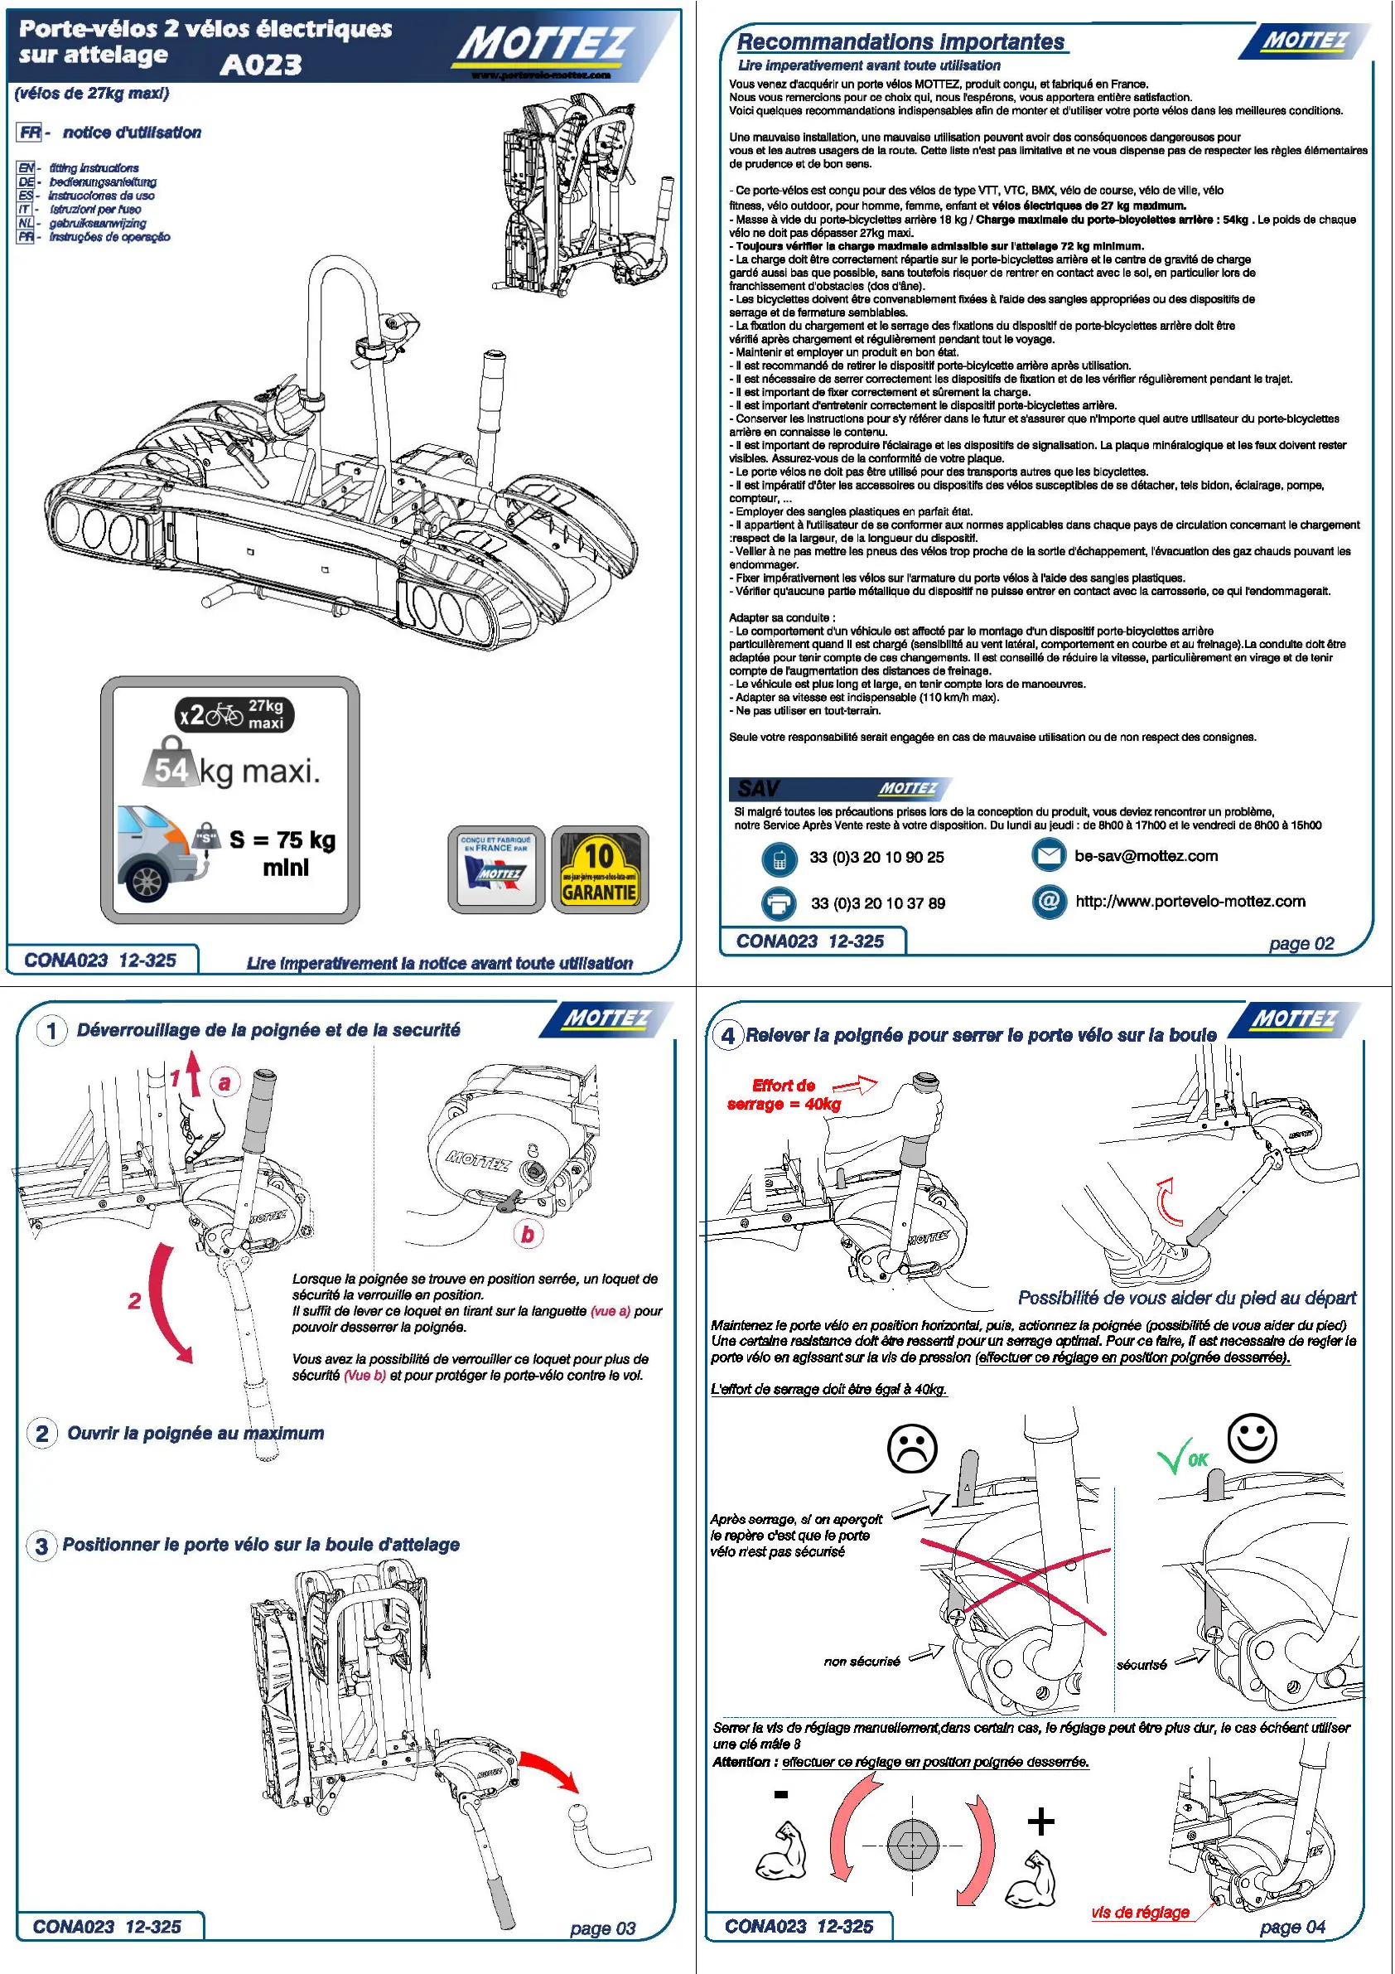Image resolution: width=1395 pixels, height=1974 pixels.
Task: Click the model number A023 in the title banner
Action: click(x=260, y=65)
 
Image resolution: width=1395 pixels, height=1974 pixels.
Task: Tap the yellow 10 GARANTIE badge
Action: click(x=599, y=870)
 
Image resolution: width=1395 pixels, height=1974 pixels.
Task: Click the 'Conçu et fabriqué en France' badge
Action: click(x=496, y=870)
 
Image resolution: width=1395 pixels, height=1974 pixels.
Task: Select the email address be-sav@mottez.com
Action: click(x=1146, y=855)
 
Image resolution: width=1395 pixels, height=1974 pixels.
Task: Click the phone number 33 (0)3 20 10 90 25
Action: click(x=876, y=857)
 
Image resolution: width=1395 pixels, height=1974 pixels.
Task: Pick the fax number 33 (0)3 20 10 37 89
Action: click(x=877, y=903)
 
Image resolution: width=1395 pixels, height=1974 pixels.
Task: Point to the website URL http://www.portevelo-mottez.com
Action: click(x=1190, y=901)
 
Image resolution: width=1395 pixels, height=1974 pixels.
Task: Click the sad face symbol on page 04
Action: click(x=911, y=1449)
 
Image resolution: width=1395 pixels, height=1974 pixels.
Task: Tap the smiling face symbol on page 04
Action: click(x=1252, y=1437)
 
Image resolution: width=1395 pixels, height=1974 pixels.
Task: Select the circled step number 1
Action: click(x=51, y=1030)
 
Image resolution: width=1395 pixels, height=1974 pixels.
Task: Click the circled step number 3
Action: click(x=41, y=1546)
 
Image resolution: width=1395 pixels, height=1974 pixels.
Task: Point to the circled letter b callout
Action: click(x=527, y=1234)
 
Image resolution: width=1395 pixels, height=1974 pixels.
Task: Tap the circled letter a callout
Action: click(x=224, y=1082)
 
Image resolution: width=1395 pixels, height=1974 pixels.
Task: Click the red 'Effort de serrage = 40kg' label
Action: click(x=783, y=1095)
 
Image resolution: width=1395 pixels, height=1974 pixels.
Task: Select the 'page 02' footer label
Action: click(x=1301, y=943)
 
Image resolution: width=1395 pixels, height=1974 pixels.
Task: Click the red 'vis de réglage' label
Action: click(x=1140, y=1912)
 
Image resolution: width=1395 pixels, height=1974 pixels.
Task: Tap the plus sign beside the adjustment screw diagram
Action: click(x=1041, y=1821)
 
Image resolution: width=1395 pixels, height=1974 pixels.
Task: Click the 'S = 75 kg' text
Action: click(x=282, y=840)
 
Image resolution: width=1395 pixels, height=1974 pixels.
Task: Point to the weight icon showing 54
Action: click(x=171, y=765)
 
